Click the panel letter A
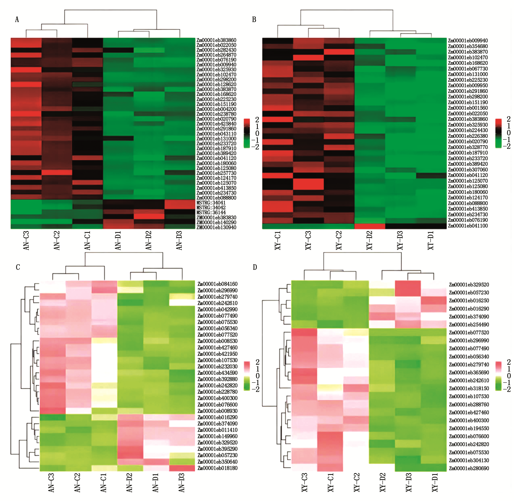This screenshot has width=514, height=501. coord(17,19)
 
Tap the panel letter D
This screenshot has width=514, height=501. coord(255,267)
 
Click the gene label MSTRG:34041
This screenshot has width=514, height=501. coord(211,203)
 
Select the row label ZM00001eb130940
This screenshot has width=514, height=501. coord(216,227)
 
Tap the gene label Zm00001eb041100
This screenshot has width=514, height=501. coord(468,226)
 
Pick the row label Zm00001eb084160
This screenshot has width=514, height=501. coord(217,284)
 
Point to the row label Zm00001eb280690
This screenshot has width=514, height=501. coord(469,468)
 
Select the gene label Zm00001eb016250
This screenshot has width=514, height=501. coord(469,301)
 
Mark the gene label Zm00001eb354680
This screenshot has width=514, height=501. coord(468,46)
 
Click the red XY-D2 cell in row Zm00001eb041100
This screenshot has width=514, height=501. coord(370,226)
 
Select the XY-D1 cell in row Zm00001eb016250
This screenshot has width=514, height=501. coord(433,301)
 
